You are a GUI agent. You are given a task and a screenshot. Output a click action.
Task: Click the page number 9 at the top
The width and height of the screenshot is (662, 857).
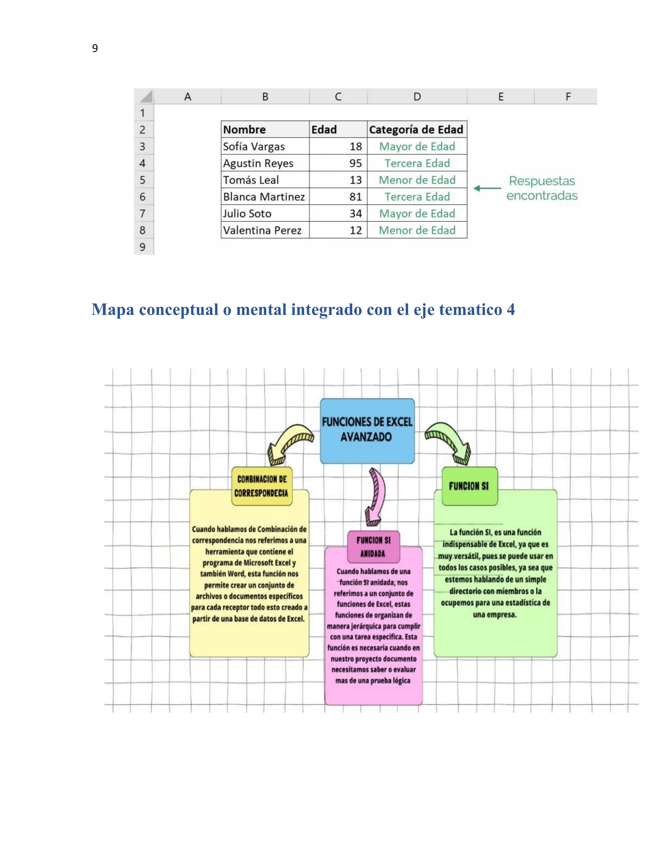(95, 48)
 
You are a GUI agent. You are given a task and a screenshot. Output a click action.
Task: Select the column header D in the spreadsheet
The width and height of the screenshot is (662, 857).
(417, 96)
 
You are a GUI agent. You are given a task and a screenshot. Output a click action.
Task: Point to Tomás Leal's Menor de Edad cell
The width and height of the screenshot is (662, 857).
(417, 180)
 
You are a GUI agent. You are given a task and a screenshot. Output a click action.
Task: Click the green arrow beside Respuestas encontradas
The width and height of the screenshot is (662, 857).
(487, 188)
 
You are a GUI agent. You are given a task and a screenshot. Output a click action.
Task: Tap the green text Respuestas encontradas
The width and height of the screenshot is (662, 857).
(542, 188)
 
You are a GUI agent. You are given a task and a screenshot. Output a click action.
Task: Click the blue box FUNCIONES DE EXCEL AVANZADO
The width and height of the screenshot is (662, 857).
(367, 430)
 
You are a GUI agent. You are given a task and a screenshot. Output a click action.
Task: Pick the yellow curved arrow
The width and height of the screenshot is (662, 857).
(289, 443)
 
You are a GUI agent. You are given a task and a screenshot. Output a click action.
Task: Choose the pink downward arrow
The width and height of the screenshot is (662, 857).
(375, 496)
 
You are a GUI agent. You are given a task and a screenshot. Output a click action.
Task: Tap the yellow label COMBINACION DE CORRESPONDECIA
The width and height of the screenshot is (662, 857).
(262, 486)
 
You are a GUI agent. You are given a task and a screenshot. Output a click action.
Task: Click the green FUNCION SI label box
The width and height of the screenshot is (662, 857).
(469, 486)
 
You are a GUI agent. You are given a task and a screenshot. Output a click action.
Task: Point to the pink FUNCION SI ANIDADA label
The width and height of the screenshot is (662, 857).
(373, 547)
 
